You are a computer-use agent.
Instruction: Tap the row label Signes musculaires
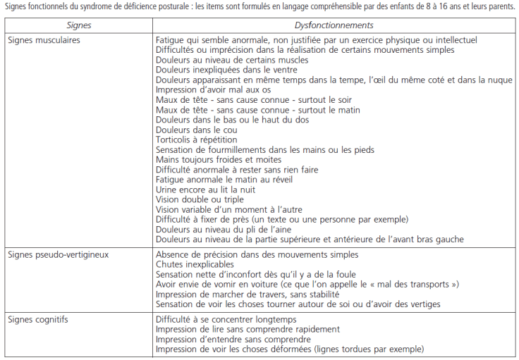(44, 40)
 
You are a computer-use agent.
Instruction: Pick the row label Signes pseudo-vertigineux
(58, 254)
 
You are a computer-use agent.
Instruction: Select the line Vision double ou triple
(195, 199)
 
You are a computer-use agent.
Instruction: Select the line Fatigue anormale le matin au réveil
(225, 180)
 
